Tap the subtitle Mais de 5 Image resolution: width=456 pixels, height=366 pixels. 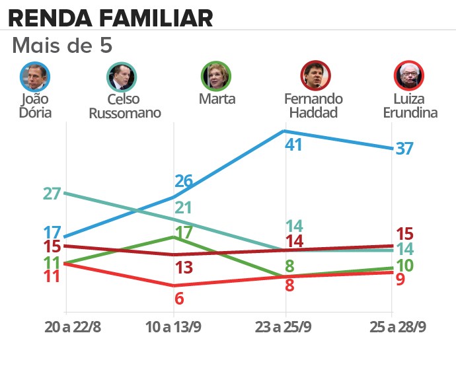[63, 46]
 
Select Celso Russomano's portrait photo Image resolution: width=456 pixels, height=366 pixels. [122, 76]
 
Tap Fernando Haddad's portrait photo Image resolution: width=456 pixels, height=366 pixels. [315, 76]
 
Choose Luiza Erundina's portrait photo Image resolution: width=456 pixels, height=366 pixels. [409, 76]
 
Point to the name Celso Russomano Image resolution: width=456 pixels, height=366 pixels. [134, 106]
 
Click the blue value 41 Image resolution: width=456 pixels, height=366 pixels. [293, 145]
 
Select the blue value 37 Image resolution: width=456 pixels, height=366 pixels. [404, 148]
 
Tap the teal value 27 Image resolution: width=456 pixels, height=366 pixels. [52, 194]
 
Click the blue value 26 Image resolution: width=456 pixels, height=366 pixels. [184, 180]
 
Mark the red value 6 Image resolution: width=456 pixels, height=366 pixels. [179, 298]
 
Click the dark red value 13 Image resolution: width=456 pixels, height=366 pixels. [184, 268]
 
